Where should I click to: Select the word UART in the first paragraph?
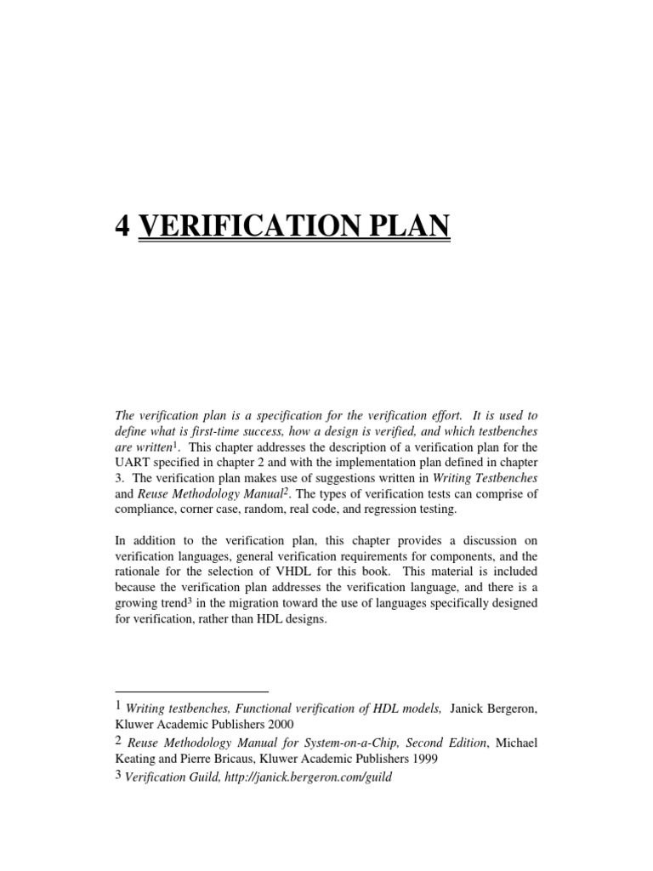click(x=133, y=463)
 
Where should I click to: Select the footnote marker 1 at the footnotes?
click(x=117, y=706)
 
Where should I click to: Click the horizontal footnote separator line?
click(x=191, y=690)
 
